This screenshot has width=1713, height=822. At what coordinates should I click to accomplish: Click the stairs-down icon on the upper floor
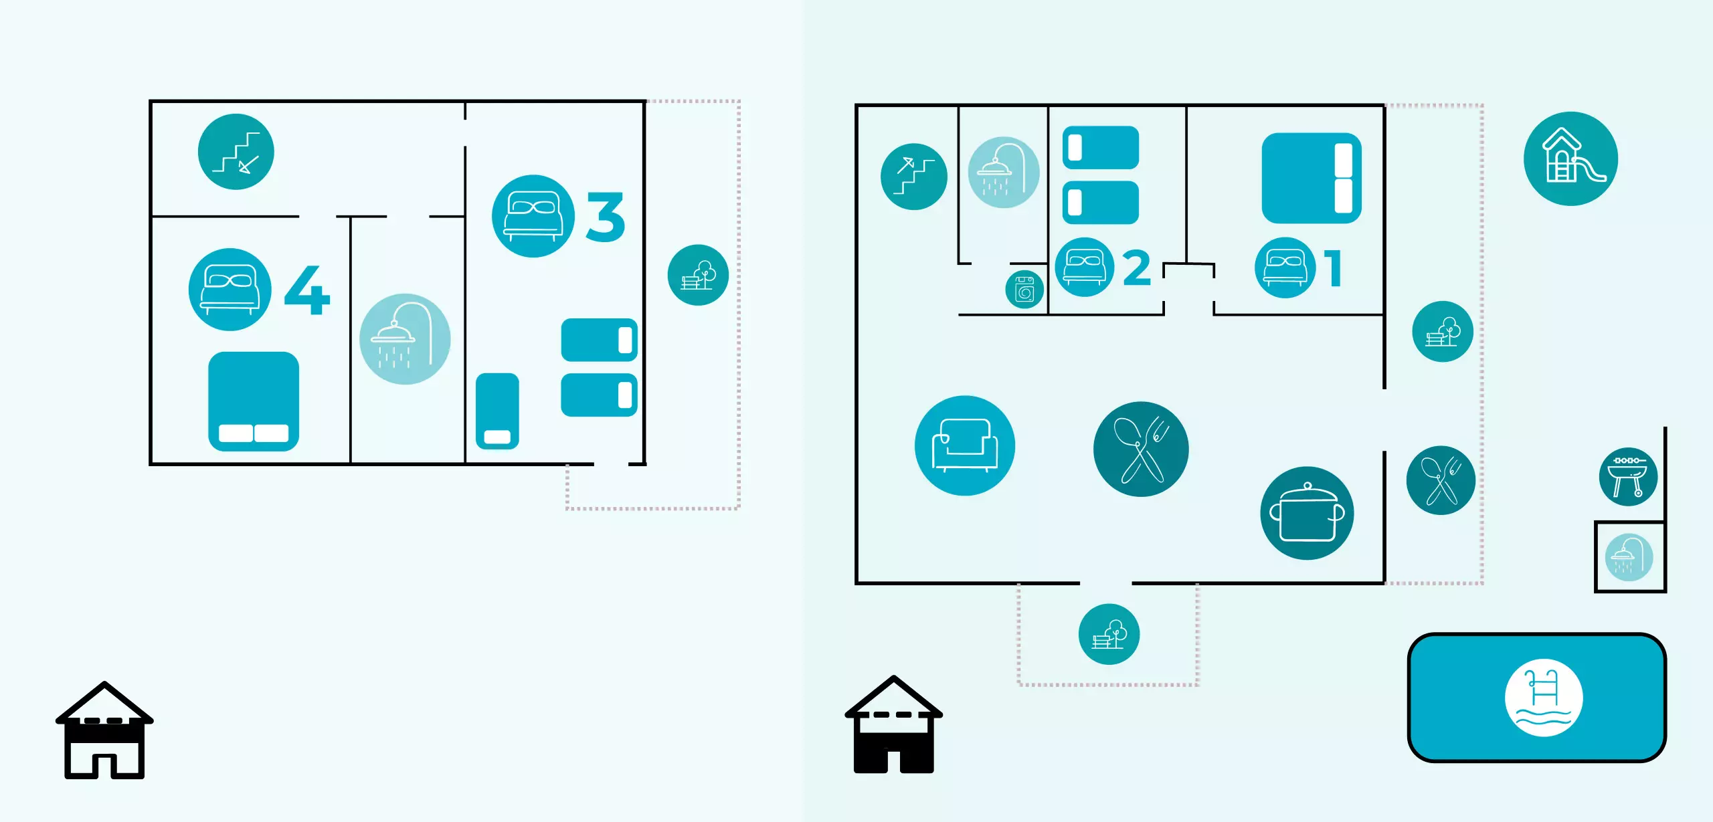tap(236, 152)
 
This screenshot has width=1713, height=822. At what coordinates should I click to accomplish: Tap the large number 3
tap(606, 217)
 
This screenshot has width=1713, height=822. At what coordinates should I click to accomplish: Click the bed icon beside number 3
tap(533, 216)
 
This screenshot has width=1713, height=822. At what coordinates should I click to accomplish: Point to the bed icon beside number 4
tap(230, 290)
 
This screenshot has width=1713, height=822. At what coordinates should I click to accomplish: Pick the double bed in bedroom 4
tap(253, 401)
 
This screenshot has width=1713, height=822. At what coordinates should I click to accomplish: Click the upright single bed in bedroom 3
tap(497, 411)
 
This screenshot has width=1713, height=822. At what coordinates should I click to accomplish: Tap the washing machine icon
tap(1024, 290)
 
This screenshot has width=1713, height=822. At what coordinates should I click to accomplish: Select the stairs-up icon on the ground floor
tap(913, 177)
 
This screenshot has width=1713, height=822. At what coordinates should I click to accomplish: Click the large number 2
tap(1137, 268)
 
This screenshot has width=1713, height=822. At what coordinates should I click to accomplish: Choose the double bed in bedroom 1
tap(1311, 178)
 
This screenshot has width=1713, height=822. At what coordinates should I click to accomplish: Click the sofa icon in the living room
tap(964, 445)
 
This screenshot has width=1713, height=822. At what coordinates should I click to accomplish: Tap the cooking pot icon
tap(1306, 513)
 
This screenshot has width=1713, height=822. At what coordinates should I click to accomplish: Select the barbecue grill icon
tap(1628, 476)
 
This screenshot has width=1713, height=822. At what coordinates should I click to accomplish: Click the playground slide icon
tap(1570, 159)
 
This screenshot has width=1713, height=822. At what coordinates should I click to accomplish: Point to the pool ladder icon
tap(1543, 698)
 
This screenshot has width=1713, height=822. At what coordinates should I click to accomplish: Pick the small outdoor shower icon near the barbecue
tap(1629, 557)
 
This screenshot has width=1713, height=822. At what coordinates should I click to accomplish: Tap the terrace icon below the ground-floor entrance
tap(1109, 634)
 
